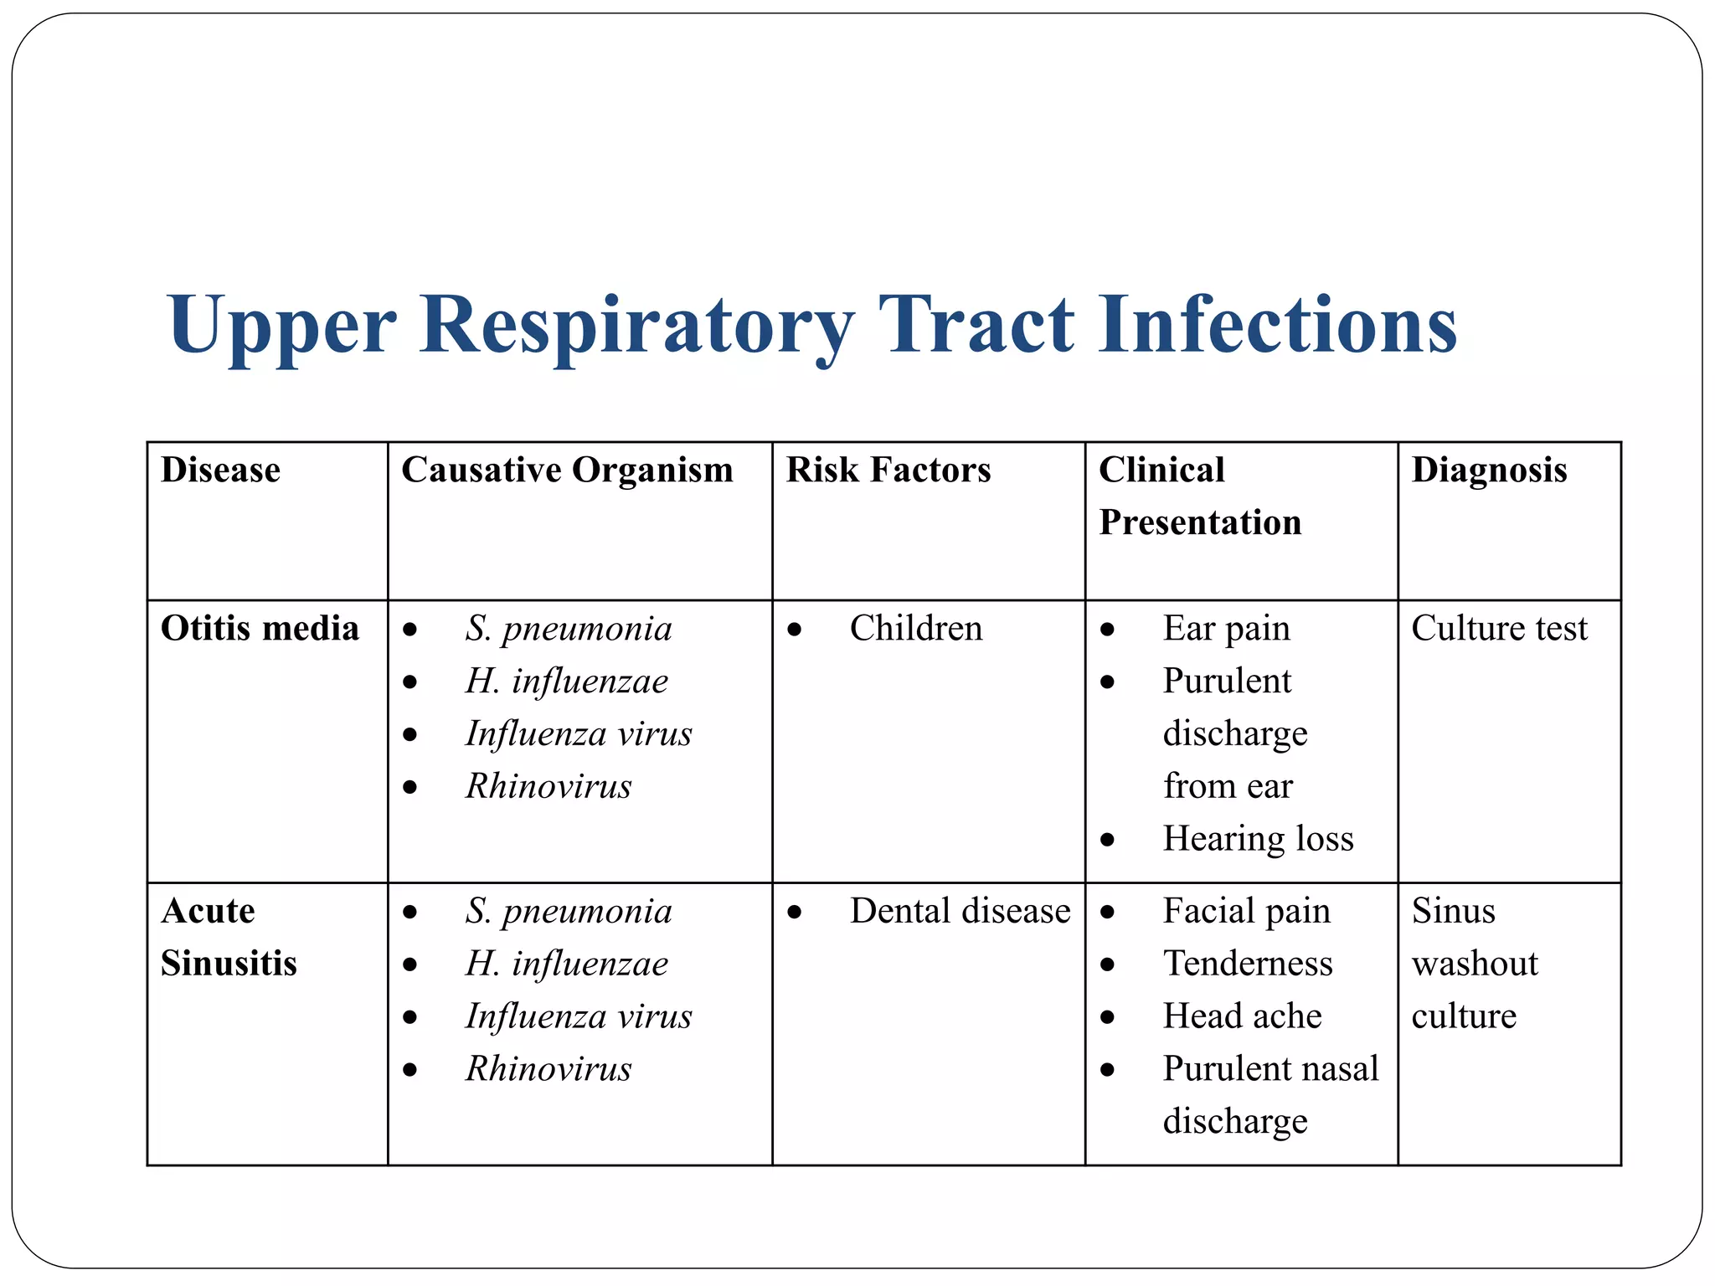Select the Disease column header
pos(220,470)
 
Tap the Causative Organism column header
pos(567,470)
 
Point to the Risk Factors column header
pos(888,470)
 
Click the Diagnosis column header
pos(1489,470)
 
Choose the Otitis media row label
pos(260,628)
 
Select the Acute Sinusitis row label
pos(229,937)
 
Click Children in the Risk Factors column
pos(915,628)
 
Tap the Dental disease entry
pos(960,911)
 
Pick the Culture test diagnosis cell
pos(1499,628)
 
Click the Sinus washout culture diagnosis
pos(1475,963)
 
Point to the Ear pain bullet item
pos(1226,628)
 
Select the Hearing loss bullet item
pos(1258,838)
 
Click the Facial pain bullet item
pos(1246,911)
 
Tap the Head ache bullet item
pos(1242,1016)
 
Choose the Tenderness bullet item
pos(1248,963)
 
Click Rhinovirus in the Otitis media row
pos(548,786)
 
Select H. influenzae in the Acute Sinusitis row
pos(567,964)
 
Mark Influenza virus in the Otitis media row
pos(579,733)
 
